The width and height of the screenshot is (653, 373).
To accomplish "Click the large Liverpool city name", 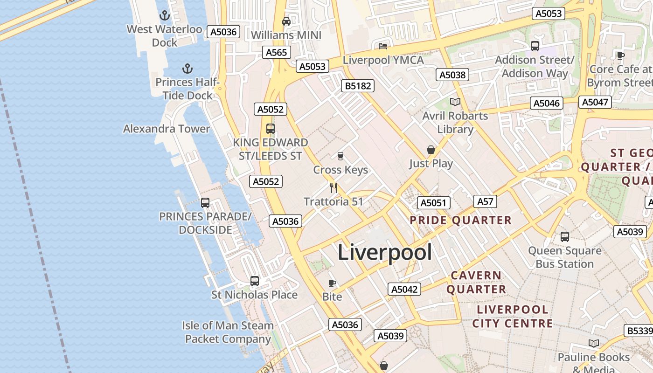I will tap(384, 252).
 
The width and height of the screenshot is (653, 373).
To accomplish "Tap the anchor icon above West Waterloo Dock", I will tap(164, 16).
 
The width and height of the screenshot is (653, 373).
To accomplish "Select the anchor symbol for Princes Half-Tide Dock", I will tap(187, 69).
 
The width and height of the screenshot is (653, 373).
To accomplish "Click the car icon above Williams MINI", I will tap(286, 21).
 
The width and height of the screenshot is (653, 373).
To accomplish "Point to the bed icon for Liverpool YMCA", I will tap(383, 46).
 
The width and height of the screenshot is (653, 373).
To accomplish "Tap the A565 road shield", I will tap(276, 52).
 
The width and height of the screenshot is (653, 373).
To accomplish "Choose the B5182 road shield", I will tap(358, 86).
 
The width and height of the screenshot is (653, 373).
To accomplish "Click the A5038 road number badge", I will tap(453, 75).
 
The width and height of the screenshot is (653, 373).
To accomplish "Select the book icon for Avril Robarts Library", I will tap(455, 102).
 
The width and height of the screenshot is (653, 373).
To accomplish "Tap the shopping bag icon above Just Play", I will tap(431, 150).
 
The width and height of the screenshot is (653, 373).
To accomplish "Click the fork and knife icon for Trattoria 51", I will tap(333, 187).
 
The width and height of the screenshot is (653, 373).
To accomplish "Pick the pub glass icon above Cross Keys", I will tap(340, 156).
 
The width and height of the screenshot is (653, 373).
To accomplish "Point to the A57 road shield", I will tap(485, 201).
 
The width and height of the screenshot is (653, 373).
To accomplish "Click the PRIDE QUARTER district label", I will tap(460, 220).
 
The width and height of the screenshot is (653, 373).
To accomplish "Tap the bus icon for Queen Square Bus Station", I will tap(564, 237).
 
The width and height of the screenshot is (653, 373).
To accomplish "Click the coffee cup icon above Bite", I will tap(332, 283).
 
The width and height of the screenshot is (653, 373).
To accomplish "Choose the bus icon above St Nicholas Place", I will tap(254, 281).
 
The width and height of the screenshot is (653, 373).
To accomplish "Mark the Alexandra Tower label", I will tap(167, 129).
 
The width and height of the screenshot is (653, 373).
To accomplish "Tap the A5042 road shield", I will tap(404, 289).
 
